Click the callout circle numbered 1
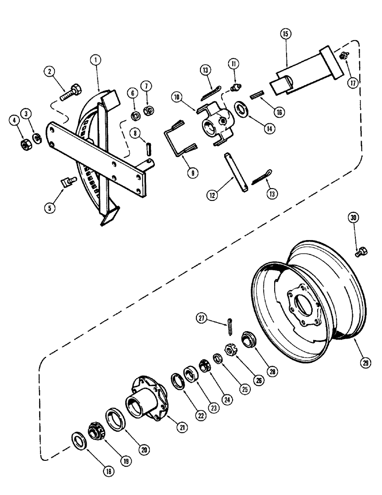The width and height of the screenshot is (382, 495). [96, 59]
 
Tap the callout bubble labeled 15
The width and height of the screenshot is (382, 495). [286, 34]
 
